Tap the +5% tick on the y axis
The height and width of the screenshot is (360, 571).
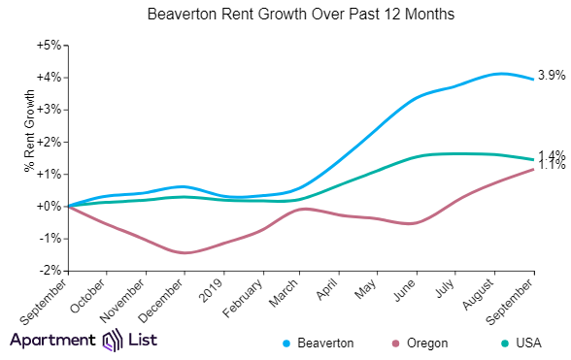click(49, 45)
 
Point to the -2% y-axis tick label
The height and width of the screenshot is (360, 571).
click(50, 271)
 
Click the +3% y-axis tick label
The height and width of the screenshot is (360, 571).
click(49, 110)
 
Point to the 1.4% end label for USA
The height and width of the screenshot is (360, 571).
click(552, 155)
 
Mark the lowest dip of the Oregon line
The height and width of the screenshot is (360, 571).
click(185, 253)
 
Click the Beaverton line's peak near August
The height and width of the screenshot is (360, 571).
click(499, 74)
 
